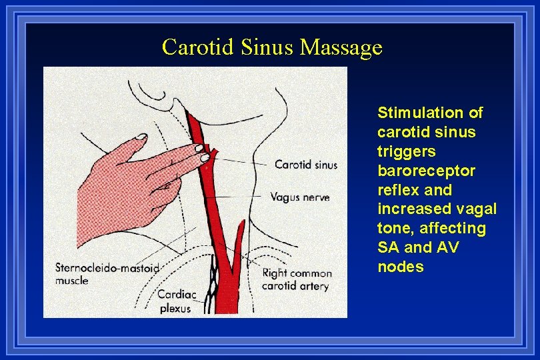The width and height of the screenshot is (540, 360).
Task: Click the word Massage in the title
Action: click(x=341, y=47)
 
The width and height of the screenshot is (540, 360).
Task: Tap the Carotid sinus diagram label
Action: click(x=306, y=165)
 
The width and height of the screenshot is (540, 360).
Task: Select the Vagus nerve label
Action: click(x=299, y=197)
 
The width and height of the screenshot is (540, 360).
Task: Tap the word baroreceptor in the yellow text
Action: click(x=426, y=171)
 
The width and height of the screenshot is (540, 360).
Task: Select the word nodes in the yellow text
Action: click(x=400, y=267)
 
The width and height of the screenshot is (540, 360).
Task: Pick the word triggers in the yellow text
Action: click(x=406, y=151)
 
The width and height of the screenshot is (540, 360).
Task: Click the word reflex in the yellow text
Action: click(x=397, y=190)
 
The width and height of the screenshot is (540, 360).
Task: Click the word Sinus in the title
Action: click(x=272, y=47)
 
